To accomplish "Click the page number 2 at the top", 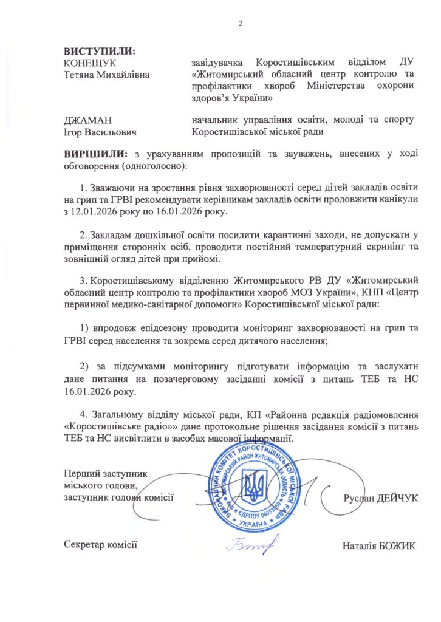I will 241,24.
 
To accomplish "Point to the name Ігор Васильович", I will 100,132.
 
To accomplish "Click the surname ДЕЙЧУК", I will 395,498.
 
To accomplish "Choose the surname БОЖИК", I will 398,544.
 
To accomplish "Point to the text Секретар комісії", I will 101,544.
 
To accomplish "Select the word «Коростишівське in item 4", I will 100,427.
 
